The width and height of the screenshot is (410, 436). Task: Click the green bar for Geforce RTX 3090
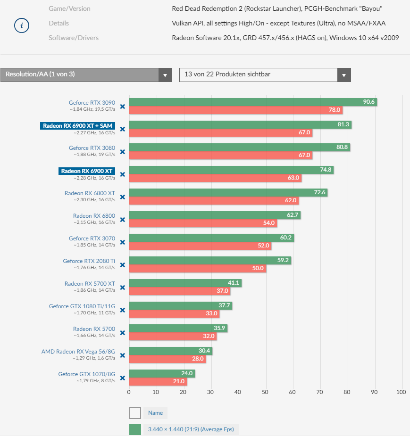pyautogui.click(x=253, y=102)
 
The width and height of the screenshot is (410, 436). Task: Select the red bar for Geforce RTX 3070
pyautogui.click(x=200, y=246)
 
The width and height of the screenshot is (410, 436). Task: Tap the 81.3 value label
pyautogui.click(x=343, y=124)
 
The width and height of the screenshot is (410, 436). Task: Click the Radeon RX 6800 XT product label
pyautogui.click(x=90, y=193)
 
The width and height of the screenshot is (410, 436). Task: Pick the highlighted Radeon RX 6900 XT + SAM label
pyautogui.click(x=77, y=125)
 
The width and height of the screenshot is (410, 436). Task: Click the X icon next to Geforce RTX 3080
pyautogui.click(x=122, y=152)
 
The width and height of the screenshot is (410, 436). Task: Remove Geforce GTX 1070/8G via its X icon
pyautogui.click(x=122, y=378)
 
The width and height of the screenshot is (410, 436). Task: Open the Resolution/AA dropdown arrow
pyautogui.click(x=165, y=74)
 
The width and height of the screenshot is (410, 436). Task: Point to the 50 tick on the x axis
pyautogui.click(x=265, y=392)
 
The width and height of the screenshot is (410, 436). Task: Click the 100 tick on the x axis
pyautogui.click(x=401, y=392)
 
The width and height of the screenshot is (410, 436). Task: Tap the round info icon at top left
pyautogui.click(x=22, y=25)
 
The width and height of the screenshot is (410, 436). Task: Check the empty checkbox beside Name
pyautogui.click(x=135, y=413)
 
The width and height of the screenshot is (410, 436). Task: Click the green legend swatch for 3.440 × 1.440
pyautogui.click(x=135, y=429)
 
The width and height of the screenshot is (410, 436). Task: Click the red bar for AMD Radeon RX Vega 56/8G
pyautogui.click(x=167, y=359)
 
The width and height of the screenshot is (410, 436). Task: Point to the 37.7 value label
pyautogui.click(x=224, y=305)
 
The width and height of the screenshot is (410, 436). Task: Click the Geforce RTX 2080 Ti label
pyautogui.click(x=89, y=261)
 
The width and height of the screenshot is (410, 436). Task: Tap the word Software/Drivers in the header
pyautogui.click(x=74, y=38)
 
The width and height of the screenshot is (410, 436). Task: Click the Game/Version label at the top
pyautogui.click(x=69, y=8)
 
